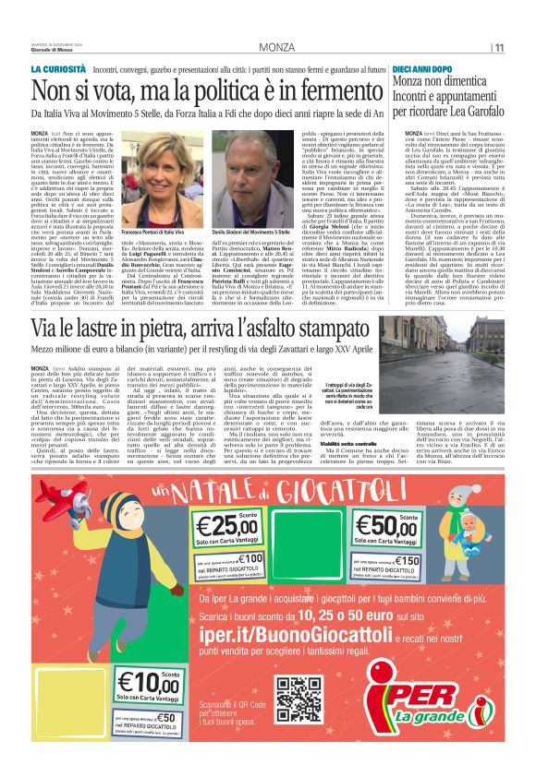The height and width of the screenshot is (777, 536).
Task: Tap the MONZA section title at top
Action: click(276, 47)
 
